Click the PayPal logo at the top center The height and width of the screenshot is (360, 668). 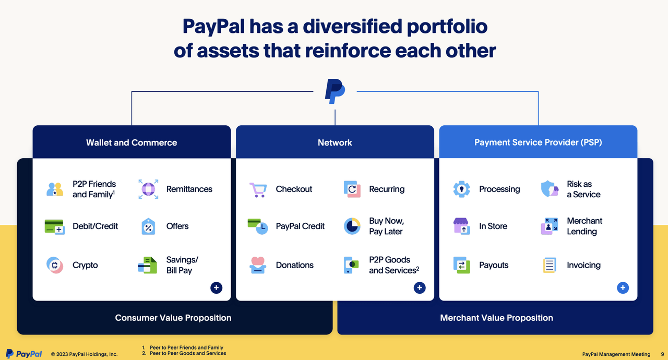tap(335, 91)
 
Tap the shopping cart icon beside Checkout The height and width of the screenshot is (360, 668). tap(258, 189)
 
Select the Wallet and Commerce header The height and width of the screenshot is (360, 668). tap(132, 142)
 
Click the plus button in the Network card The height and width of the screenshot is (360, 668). tap(420, 287)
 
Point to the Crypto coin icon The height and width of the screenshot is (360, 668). tap(54, 265)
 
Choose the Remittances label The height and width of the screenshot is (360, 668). tap(189, 189)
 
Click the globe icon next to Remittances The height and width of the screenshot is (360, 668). tap(148, 189)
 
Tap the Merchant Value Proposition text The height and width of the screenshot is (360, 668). tap(496, 318)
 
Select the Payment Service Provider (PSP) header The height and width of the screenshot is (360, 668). tap(538, 142)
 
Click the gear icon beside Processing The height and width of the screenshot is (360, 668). tap(461, 189)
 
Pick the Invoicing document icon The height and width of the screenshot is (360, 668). tap(550, 265)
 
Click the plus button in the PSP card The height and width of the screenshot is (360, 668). tap(623, 287)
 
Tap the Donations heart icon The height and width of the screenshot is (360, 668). tap(258, 265)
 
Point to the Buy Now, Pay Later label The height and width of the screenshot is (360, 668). tap(386, 226)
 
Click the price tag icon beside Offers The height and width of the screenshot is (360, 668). tap(148, 226)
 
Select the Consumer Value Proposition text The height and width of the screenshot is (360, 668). tap(173, 318)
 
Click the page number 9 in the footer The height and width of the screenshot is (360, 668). tap(662, 354)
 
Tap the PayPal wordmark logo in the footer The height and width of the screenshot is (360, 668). tap(24, 354)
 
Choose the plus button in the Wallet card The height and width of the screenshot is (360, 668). tap(217, 287)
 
